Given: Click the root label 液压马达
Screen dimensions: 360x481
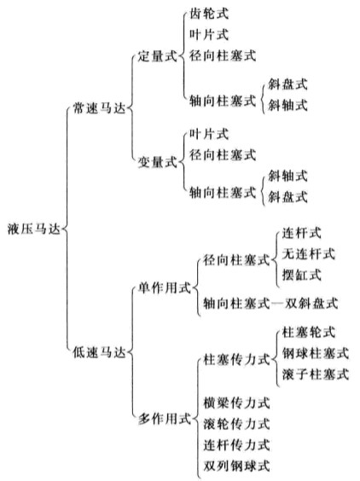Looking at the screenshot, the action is [34, 229].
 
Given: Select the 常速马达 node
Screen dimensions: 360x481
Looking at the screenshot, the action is [99, 108].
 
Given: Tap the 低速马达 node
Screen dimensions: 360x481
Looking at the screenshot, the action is [99, 352].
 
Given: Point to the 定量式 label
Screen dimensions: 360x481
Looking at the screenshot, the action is [158, 56].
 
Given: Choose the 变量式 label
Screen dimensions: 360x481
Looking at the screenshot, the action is [158, 162].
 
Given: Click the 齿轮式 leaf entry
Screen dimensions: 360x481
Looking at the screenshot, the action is [209, 14].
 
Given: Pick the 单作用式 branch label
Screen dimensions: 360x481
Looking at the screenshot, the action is [164, 288].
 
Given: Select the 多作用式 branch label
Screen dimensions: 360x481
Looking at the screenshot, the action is [164, 419].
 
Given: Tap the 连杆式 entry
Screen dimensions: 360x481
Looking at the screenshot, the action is [301, 233].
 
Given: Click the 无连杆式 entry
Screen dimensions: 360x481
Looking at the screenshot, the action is [308, 253].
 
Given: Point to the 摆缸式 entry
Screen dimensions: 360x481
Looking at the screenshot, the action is [301, 275].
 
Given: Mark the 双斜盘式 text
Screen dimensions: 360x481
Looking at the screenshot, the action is [311, 304].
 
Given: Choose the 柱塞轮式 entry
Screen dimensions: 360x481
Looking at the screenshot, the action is [308, 333].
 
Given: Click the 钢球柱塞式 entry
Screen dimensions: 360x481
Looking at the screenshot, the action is [315, 353].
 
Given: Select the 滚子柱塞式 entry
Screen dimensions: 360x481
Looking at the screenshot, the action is [315, 374].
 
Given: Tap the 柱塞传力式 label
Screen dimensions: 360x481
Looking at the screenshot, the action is [236, 359].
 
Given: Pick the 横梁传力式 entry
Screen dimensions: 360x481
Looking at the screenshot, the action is [236, 403].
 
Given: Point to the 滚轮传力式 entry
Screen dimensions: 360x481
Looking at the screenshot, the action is [236, 424].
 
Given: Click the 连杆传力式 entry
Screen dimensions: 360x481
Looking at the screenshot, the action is [236, 444].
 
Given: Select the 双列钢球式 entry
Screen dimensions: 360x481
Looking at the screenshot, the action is [236, 466].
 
